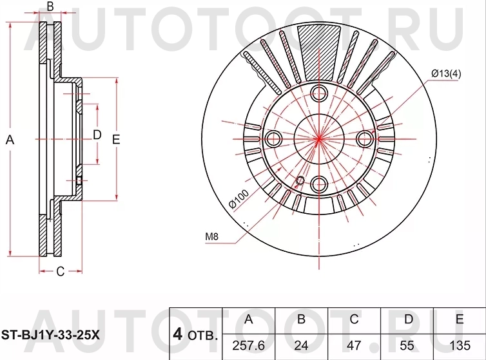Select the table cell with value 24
point(301,345)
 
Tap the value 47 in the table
point(354,345)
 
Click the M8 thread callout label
point(213,237)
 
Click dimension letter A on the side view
point(10,139)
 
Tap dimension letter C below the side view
point(60,271)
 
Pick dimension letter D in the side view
point(97,135)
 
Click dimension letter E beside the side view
point(116,139)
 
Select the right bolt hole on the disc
point(365,138)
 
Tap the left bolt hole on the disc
point(273,138)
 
